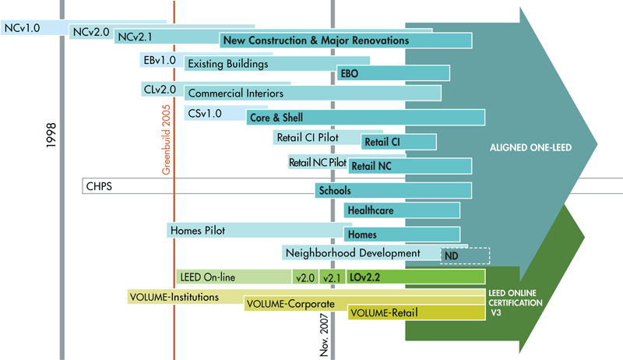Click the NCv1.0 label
click(22, 26)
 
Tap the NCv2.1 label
click(136, 37)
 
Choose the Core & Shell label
click(276, 118)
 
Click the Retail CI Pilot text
click(308, 138)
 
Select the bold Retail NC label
click(371, 166)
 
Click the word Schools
click(335, 190)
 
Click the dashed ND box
click(465, 255)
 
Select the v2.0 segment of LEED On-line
click(304, 277)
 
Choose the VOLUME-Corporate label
click(290, 304)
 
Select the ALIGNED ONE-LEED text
click(521, 147)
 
